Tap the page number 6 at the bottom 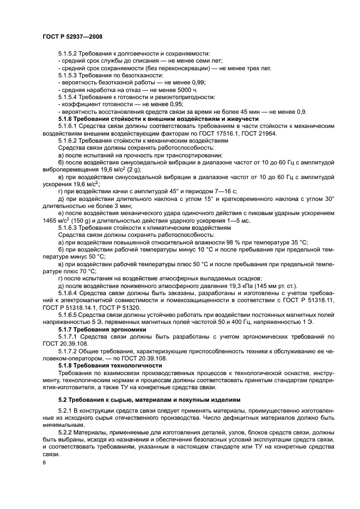[44, 462]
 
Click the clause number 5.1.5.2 [68, 55]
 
